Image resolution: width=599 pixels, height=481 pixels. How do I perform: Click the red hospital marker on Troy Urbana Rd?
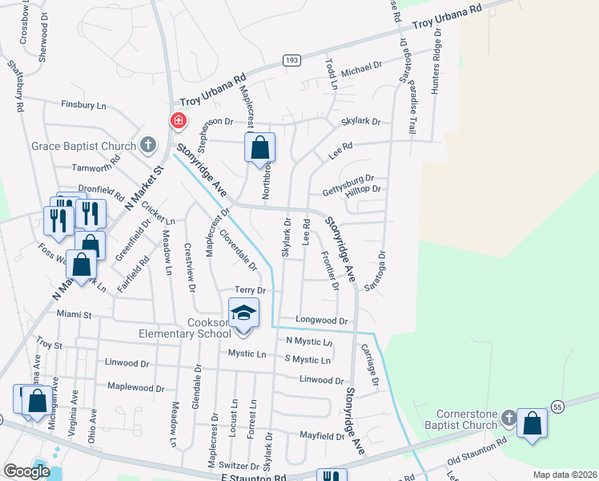pyautogui.click(x=178, y=121)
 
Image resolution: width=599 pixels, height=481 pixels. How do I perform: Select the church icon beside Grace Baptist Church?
pyautogui.click(x=147, y=145)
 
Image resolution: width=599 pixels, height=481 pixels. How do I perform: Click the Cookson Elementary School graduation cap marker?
pyautogui.click(x=244, y=313)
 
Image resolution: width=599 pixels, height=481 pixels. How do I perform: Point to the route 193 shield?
pyautogui.click(x=291, y=61)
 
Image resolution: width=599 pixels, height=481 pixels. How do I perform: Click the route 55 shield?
pyautogui.click(x=557, y=407)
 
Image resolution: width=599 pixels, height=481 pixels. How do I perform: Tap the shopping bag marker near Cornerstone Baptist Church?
pyautogui.click(x=532, y=425)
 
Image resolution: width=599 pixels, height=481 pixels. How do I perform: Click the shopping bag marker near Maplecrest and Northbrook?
pyautogui.click(x=259, y=148)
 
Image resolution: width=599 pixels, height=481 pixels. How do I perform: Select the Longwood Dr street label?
pyautogui.click(x=322, y=321)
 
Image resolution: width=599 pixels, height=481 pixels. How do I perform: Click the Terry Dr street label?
pyautogui.click(x=250, y=289)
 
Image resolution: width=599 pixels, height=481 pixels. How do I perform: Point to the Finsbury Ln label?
pyautogui.click(x=84, y=105)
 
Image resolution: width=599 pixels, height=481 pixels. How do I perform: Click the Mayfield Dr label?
pyautogui.click(x=322, y=436)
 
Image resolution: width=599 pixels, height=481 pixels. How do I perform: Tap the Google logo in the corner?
pyautogui.click(x=26, y=471)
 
